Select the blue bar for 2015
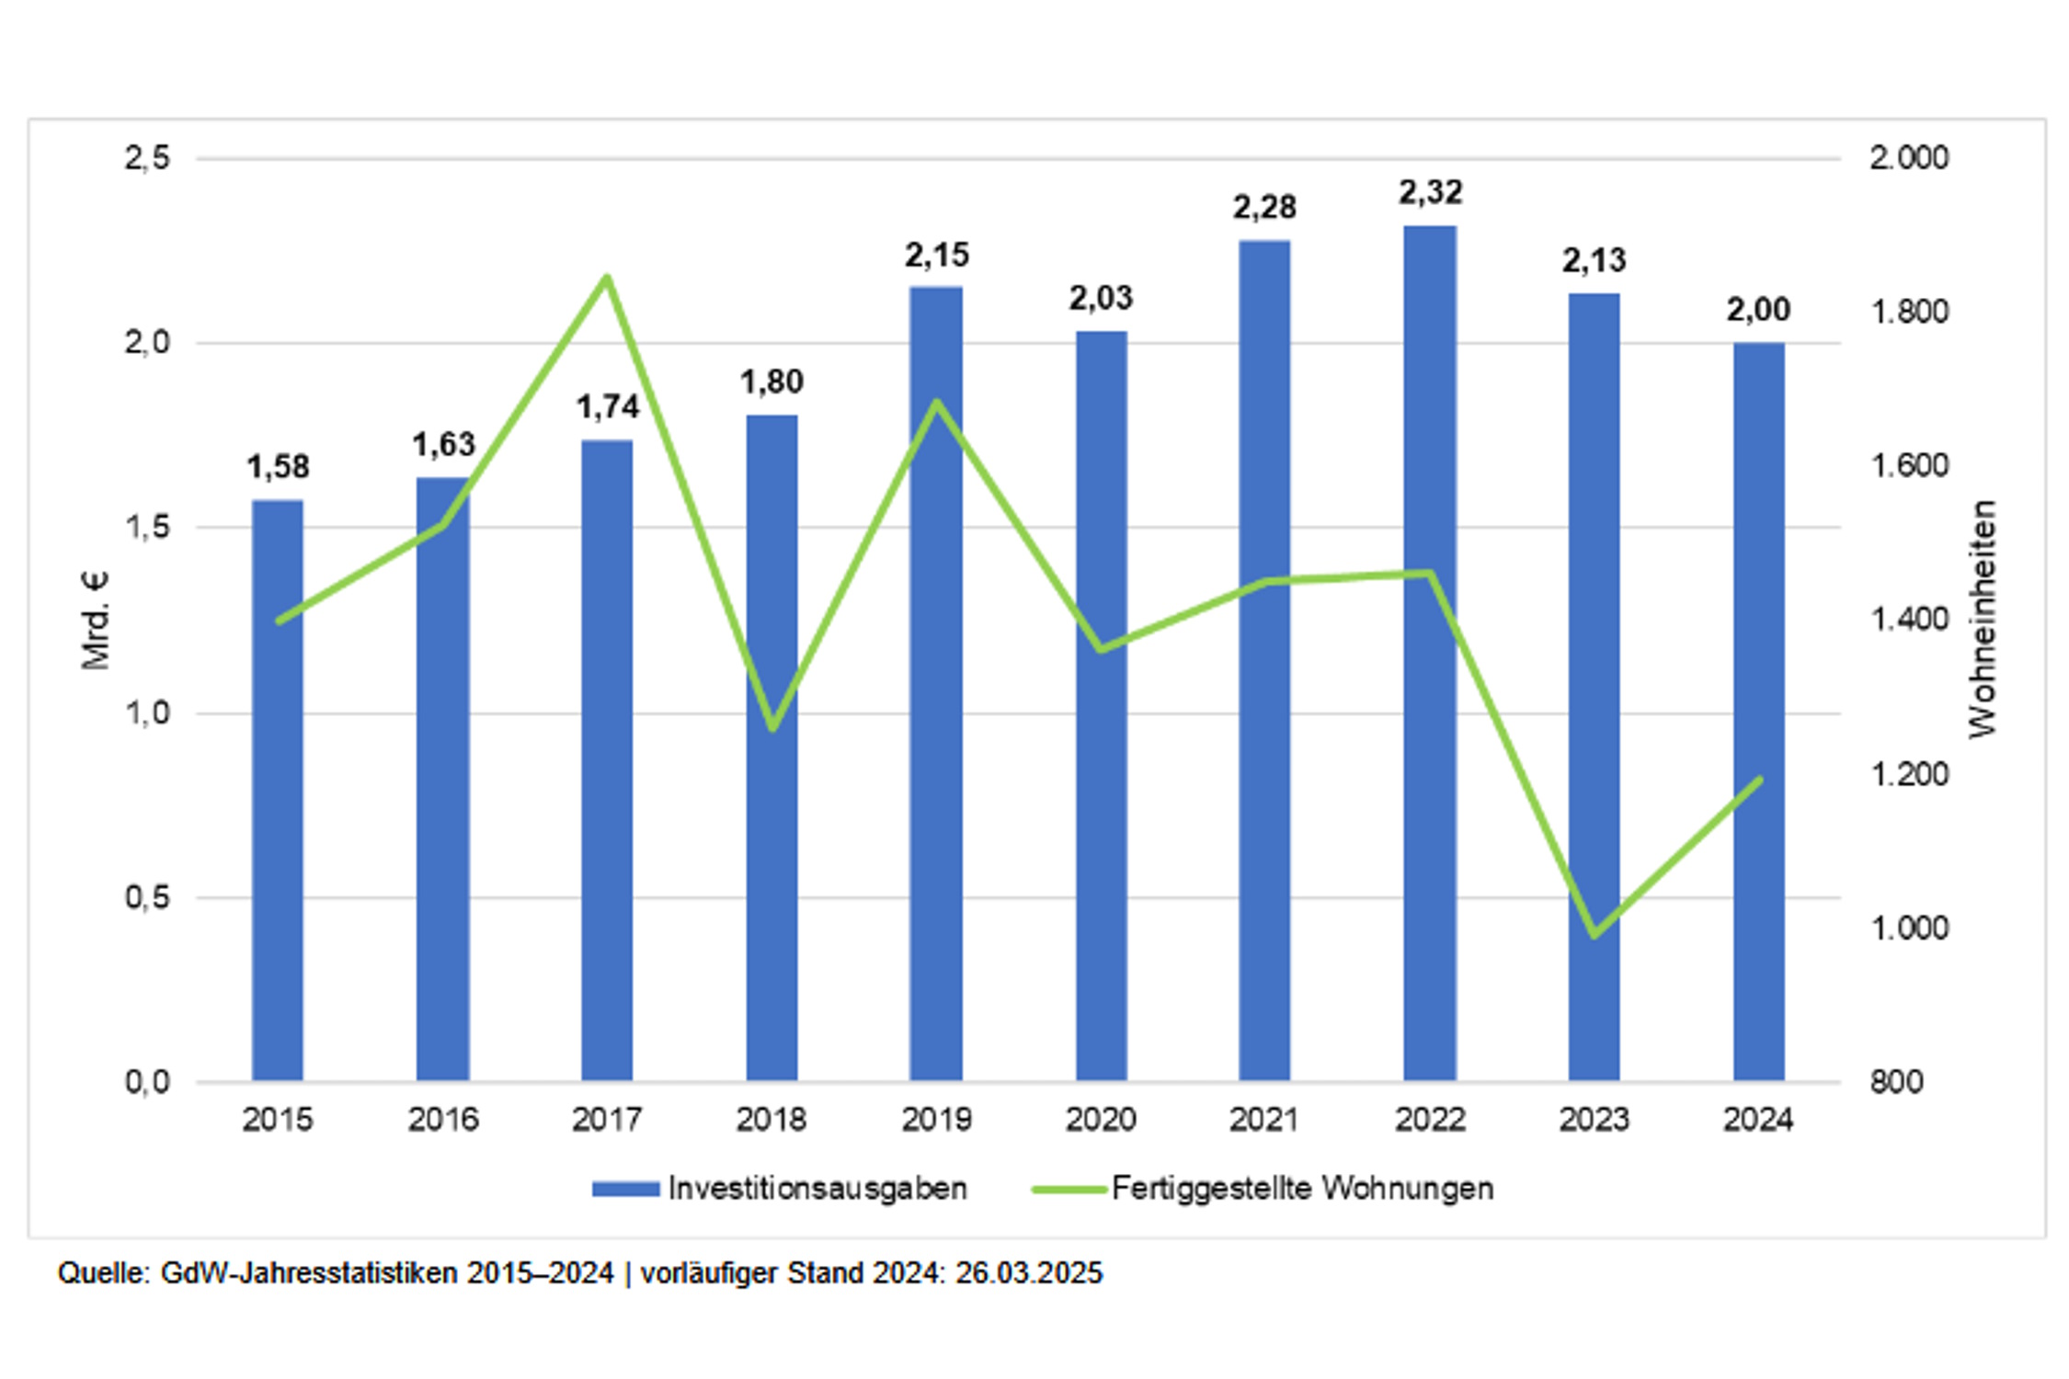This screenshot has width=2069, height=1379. coord(278,791)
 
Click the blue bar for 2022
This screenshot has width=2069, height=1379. coord(1430,653)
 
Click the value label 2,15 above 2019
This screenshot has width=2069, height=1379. coord(937,256)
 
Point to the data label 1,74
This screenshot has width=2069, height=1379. coord(607,407)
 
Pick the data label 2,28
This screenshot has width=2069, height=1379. coord(1264,209)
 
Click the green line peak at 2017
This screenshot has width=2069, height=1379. coord(607,278)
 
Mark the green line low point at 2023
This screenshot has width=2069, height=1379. coord(1594,935)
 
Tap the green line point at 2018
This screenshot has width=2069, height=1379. coord(772,728)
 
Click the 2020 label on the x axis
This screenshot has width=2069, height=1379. coord(1101,1120)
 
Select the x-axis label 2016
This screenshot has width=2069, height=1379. coord(443,1120)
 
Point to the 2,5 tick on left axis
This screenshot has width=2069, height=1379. coord(147,158)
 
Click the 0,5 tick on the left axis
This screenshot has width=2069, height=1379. coord(147,897)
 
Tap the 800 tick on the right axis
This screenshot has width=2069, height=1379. coord(1896,1082)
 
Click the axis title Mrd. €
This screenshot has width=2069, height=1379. coord(95,621)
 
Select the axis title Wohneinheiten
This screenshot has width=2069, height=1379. coord(1983,619)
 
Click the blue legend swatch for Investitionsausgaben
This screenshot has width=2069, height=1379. coord(625,1189)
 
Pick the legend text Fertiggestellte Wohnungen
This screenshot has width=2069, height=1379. coord(1302,1189)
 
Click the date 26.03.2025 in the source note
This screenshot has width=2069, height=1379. coord(1028,1273)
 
